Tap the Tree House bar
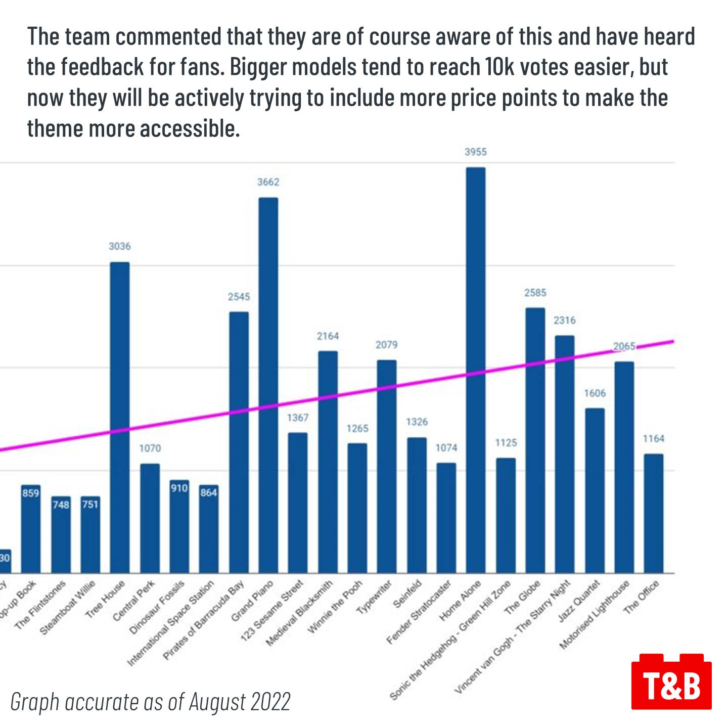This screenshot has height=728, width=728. click(120, 418)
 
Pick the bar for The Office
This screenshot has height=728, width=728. click(653, 513)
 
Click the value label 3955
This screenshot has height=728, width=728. click(475, 152)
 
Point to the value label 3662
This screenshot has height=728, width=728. click(268, 182)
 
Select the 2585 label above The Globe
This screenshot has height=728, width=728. click(535, 293)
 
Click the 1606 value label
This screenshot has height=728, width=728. click(595, 393)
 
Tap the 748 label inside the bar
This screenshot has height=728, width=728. click(61, 505)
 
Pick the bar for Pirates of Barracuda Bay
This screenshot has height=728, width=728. click(239, 442)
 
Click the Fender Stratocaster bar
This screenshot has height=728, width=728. click(446, 518)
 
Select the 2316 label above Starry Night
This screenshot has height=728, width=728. click(564, 321)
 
